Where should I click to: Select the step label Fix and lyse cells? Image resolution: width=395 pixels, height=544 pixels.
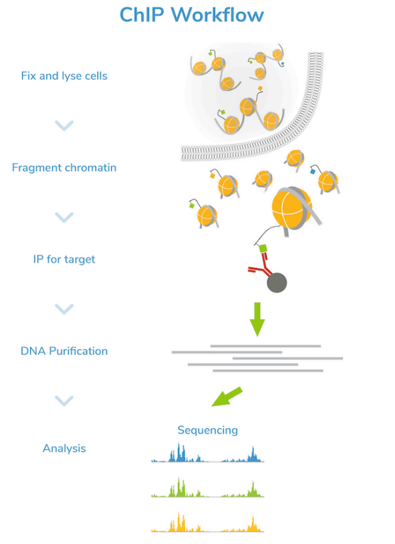point(64,76)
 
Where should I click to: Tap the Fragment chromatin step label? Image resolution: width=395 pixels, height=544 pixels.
point(64,167)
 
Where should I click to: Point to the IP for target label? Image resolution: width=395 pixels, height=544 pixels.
point(64,259)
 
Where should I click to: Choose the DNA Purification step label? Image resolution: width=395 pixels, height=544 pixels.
point(64,350)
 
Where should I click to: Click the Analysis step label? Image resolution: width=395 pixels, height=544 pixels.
point(64,449)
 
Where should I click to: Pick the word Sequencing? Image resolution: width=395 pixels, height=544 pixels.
point(207,430)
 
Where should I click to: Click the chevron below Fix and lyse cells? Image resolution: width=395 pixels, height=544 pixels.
point(64,125)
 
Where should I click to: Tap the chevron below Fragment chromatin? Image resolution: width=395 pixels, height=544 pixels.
point(64,216)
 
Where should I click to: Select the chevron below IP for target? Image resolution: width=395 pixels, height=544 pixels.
point(64,308)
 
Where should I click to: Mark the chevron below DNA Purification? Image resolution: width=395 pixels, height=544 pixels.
point(64,400)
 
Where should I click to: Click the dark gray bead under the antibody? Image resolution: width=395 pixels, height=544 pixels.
point(277,282)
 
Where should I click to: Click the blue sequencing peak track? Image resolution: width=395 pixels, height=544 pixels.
point(207,455)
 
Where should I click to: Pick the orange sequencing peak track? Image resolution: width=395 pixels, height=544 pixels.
point(207,524)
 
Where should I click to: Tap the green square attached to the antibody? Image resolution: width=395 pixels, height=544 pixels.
point(264,249)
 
